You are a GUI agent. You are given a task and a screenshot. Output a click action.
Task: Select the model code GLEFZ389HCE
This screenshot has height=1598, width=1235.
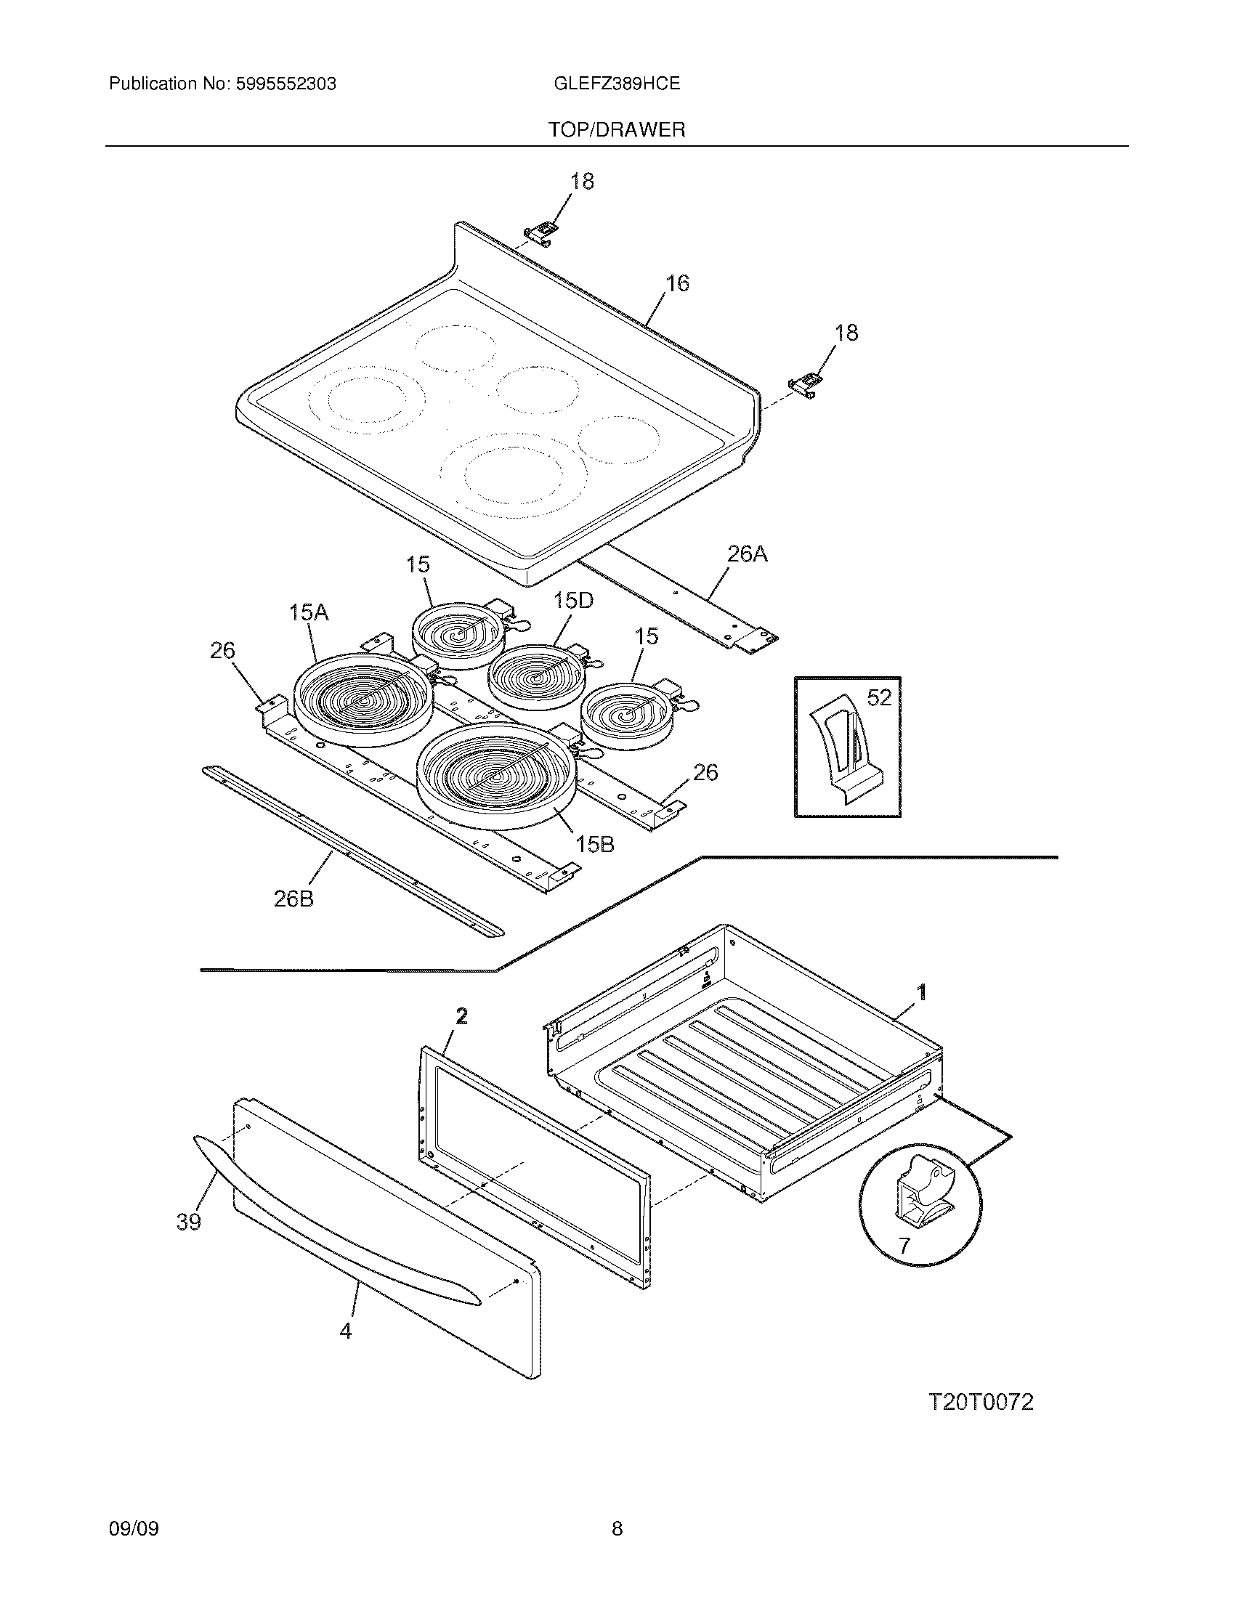(617, 84)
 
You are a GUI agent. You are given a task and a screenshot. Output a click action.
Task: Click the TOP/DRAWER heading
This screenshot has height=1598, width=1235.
(617, 130)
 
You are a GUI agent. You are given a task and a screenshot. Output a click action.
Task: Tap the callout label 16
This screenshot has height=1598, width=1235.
(678, 283)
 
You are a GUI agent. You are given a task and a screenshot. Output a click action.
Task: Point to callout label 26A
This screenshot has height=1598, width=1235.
(747, 554)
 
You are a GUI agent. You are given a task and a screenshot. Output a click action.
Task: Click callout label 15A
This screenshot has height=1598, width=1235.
(308, 612)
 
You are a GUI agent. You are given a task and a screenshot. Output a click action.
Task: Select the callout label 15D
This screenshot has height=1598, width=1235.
(573, 601)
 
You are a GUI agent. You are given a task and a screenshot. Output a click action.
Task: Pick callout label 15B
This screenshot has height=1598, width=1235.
(594, 844)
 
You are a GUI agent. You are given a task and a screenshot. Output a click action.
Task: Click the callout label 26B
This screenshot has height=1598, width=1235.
(293, 899)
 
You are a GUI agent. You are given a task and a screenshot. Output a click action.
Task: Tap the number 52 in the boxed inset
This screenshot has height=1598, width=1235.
(879, 698)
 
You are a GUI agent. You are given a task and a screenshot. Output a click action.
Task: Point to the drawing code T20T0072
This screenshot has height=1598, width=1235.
(981, 1403)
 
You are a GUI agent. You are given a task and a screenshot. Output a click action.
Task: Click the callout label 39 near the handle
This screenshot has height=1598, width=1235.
(189, 1221)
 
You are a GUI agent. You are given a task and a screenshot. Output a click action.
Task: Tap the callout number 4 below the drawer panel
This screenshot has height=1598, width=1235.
(345, 1331)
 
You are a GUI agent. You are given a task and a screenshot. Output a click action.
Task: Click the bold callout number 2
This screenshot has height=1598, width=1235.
(461, 1015)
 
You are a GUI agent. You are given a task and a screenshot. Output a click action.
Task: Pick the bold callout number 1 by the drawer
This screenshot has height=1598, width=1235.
(922, 992)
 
